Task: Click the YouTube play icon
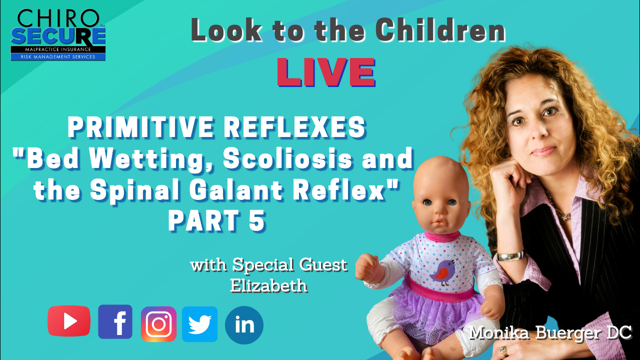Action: pyautogui.click(x=69, y=321)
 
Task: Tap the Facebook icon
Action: pyautogui.click(x=115, y=321)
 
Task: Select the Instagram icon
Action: pyautogui.click(x=158, y=324)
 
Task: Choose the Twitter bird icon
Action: pyautogui.click(x=199, y=324)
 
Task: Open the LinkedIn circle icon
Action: pyautogui.click(x=244, y=325)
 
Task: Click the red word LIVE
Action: pyautogui.click(x=326, y=72)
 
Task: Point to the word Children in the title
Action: pyautogui.click(x=440, y=30)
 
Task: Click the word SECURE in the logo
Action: pyautogui.click(x=58, y=37)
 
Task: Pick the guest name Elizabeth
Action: pyautogui.click(x=269, y=285)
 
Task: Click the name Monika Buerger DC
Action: pyautogui.click(x=550, y=333)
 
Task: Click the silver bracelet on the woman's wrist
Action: pyautogui.click(x=510, y=256)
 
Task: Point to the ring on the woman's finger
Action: pyautogui.click(x=503, y=351)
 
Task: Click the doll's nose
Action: pyautogui.click(x=440, y=212)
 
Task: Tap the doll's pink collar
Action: pyautogui.click(x=442, y=237)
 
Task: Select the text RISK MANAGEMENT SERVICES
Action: pyautogui.click(x=58, y=57)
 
